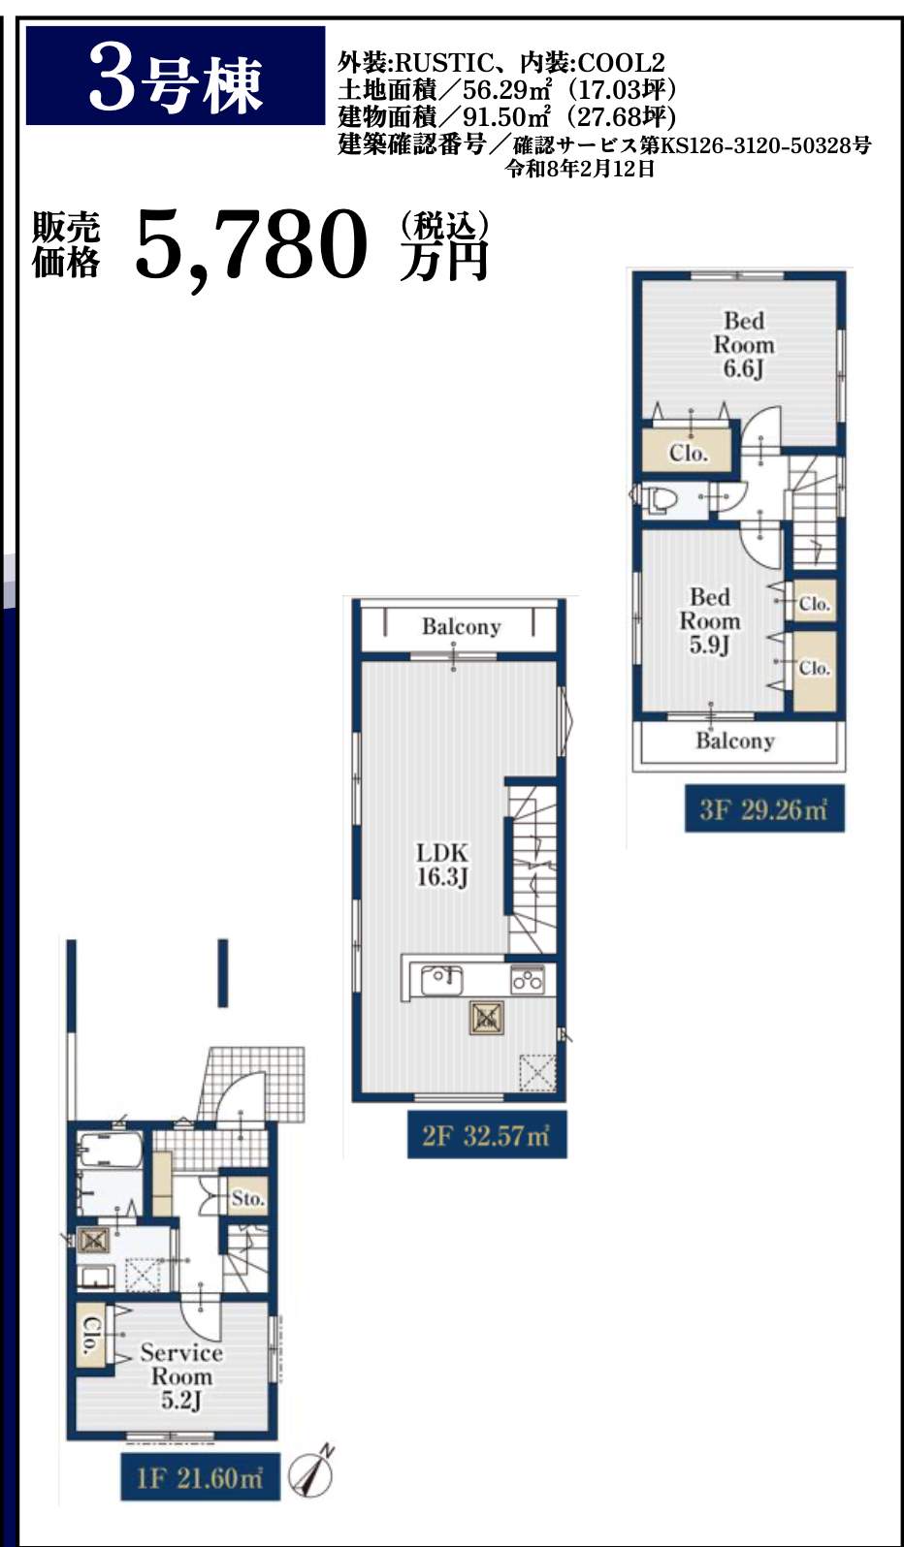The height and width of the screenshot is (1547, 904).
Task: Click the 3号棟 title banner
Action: pos(175,76)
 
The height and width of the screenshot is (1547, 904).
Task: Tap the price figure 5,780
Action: pos(251,244)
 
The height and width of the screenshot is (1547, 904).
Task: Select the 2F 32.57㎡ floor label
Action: pos(487,1135)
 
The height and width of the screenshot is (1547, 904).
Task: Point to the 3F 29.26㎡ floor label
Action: pos(764,808)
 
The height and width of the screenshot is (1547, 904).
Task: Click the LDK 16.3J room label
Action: pos(442,865)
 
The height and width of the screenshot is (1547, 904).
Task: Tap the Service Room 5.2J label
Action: pos(181,1375)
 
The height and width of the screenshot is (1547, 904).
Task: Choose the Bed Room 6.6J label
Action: pos(744,345)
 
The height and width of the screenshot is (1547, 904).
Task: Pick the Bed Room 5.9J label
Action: pos(710,621)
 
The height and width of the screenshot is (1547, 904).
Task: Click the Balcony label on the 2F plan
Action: pos(461,626)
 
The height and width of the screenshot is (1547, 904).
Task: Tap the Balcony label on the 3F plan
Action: pos(734,741)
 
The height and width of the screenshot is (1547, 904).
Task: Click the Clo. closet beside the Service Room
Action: pos(90,1335)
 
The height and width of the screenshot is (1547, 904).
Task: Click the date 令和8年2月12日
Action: pos(580,169)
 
